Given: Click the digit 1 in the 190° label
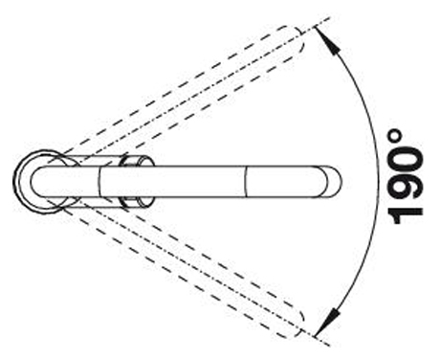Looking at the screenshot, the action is point(407,214).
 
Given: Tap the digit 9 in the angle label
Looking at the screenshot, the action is point(407,187).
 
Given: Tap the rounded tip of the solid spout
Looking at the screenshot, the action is point(338,181).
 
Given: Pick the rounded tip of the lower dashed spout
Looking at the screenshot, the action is point(298,324).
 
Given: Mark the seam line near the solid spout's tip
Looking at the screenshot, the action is point(246,181).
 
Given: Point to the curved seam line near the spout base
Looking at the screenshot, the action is point(99,181).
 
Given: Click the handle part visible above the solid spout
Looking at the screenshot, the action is point(137,160).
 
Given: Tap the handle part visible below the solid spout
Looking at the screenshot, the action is point(137,202).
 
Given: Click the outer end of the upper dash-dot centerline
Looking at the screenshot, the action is point(330,18).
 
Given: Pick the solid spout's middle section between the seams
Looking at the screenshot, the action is point(173,181).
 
